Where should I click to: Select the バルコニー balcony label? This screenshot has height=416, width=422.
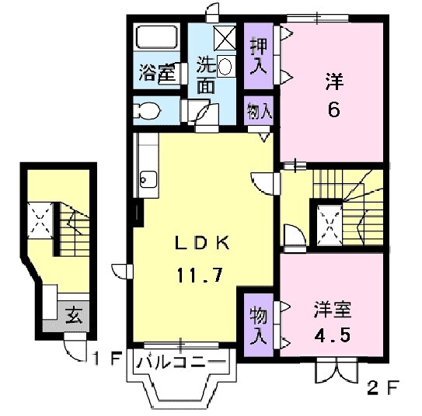pos(181,362)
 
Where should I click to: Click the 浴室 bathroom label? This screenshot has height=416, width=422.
pos(155,75)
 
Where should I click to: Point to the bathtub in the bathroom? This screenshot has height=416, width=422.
pos(158,39)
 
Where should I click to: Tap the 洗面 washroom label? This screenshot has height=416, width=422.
pos(205,75)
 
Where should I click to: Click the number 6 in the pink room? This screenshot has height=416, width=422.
pos(333,109)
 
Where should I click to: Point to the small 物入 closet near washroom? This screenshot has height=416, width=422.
pos(260,109)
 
